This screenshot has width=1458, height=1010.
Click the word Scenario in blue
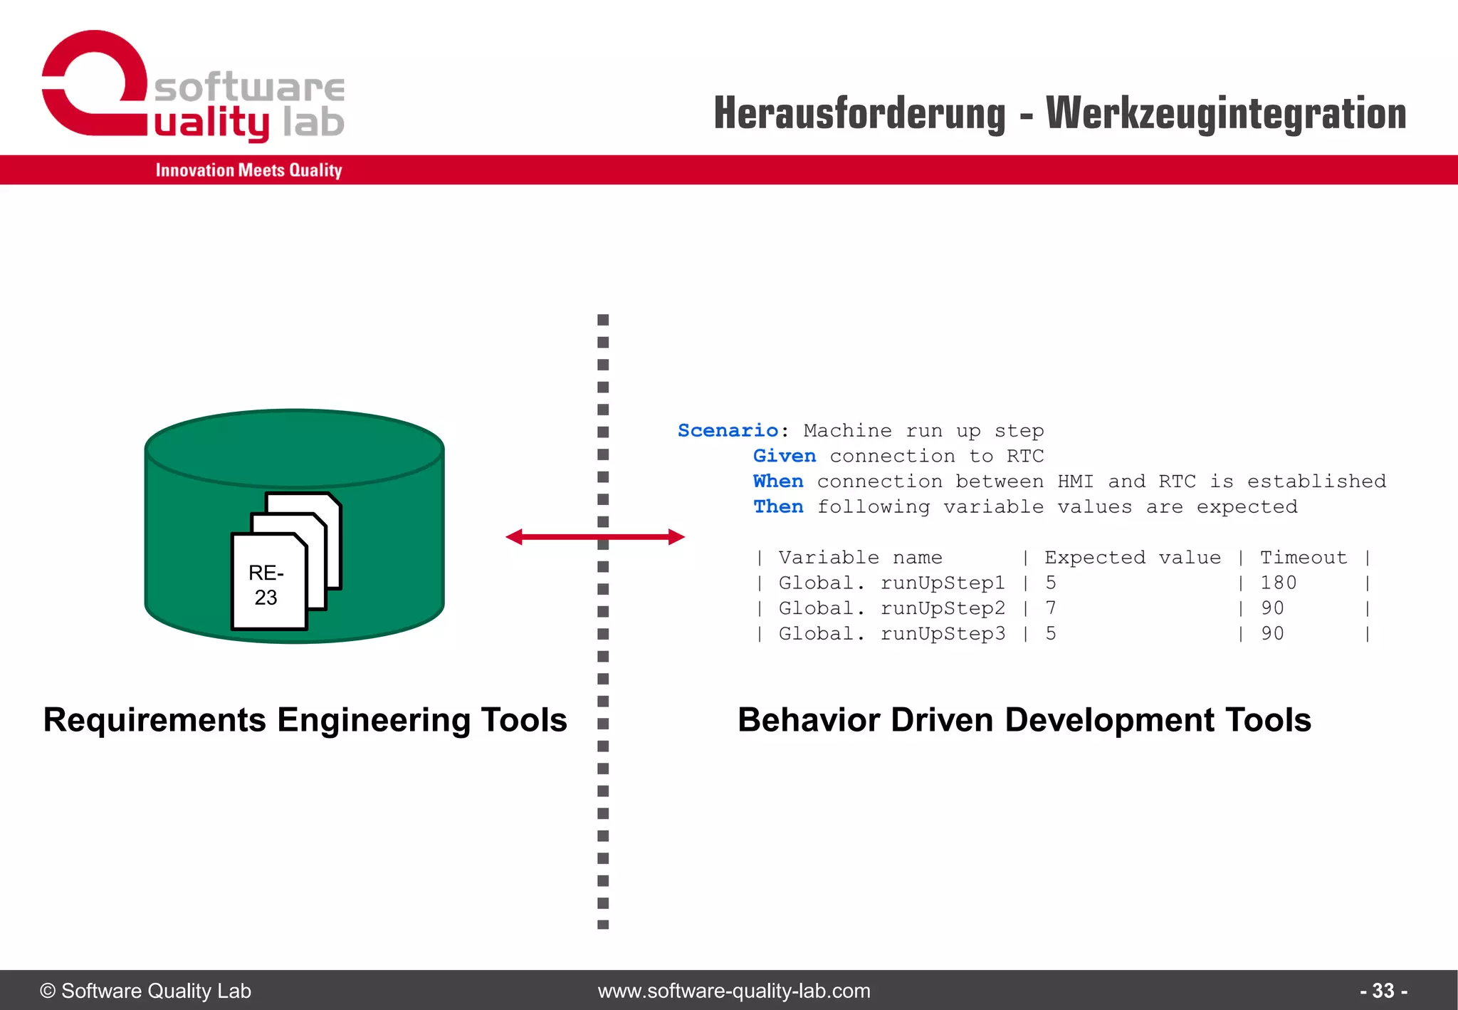point(728,431)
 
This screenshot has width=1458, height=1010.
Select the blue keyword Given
point(784,456)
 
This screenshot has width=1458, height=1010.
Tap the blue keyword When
point(777,481)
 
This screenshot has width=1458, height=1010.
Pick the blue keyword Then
point(777,507)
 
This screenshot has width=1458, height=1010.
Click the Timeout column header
point(1303,558)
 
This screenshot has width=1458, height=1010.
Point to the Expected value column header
point(1132,558)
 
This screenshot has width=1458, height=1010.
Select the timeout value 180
point(1278,583)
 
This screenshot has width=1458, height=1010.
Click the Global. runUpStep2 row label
point(891,608)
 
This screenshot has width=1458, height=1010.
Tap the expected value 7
point(1051,608)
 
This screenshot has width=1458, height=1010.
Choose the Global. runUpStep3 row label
point(891,634)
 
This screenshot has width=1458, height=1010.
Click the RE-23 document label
point(266,585)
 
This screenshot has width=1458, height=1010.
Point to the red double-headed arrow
point(595,537)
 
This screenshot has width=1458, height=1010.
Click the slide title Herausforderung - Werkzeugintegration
point(1059,114)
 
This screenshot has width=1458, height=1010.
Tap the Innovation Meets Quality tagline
point(248,170)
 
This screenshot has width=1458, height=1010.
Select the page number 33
point(1383,991)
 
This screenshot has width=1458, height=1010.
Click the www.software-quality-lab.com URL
point(734,991)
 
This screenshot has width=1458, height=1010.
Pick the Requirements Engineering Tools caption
point(305,720)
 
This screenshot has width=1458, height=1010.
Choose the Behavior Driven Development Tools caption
point(1024,720)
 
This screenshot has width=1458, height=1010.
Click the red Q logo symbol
point(95,83)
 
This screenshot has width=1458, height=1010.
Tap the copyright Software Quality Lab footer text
point(146,991)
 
